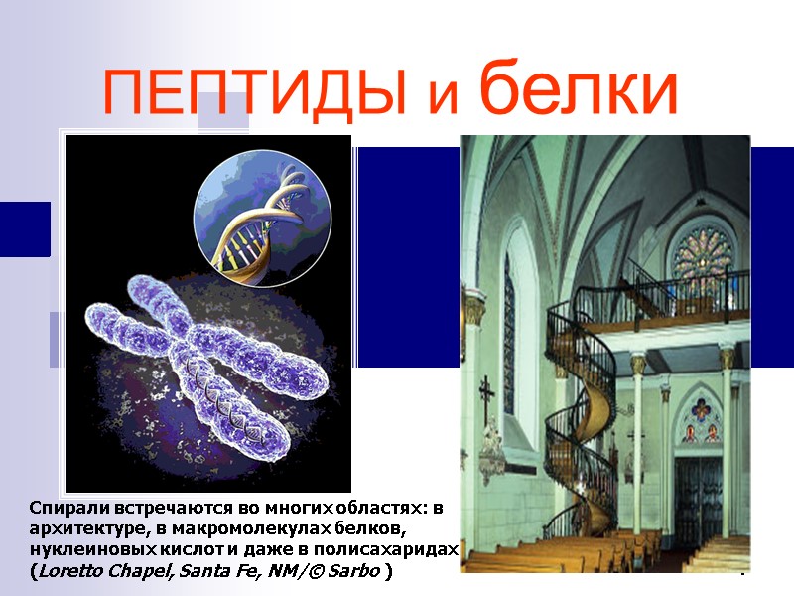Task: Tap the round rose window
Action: click(703, 256)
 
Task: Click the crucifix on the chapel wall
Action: click(486, 397)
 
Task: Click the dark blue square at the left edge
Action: click(24, 228)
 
